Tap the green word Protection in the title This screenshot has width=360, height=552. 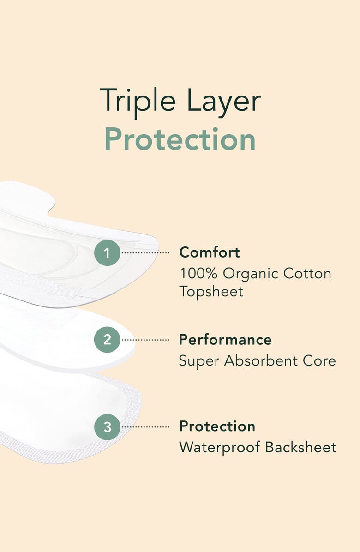[x=180, y=139]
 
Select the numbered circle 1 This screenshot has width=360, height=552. [x=108, y=252]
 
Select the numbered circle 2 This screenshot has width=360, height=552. [x=108, y=340]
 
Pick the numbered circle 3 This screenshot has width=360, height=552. [x=108, y=426]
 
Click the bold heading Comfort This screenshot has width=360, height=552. [x=210, y=252]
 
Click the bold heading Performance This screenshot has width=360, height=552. [x=225, y=340]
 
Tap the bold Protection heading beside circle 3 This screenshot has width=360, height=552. [x=217, y=426]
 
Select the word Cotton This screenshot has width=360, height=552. [x=307, y=273]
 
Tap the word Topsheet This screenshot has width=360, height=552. [x=211, y=292]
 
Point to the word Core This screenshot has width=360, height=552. [x=320, y=360]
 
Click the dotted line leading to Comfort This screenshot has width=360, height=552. [x=146, y=253]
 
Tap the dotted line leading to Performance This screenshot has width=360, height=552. [x=146, y=340]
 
